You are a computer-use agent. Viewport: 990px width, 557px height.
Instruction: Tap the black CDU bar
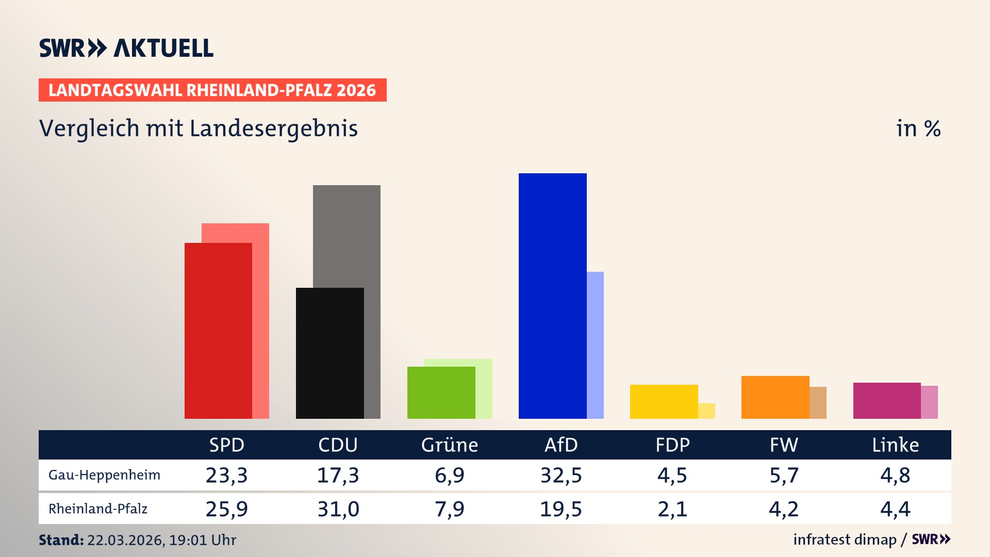point(329,353)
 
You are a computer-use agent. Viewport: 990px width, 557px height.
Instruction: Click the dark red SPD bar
point(218,330)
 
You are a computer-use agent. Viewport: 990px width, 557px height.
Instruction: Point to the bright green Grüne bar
point(441,392)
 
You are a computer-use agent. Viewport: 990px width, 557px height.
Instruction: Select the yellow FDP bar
point(664,401)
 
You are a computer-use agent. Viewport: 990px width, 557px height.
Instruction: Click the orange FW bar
point(775,397)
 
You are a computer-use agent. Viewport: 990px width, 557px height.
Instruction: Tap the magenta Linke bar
point(886,400)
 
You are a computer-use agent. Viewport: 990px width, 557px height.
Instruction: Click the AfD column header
point(561,445)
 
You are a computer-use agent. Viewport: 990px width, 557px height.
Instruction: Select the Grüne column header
point(449,445)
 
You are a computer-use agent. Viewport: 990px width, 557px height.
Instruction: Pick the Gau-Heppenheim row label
point(104,475)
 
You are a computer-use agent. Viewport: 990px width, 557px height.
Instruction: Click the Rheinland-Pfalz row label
point(98,509)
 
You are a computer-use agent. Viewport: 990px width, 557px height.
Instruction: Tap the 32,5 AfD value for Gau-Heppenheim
point(561,475)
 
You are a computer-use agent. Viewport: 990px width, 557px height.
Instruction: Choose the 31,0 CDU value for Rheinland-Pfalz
point(338,509)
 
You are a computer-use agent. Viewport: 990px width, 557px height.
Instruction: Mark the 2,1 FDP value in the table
point(672,509)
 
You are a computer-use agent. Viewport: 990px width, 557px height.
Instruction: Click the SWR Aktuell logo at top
point(126,48)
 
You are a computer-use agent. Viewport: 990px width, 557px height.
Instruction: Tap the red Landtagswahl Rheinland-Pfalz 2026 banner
point(212,90)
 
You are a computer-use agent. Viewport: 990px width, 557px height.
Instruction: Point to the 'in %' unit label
point(918,128)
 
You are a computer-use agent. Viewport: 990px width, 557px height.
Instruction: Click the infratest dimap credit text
point(845,539)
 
